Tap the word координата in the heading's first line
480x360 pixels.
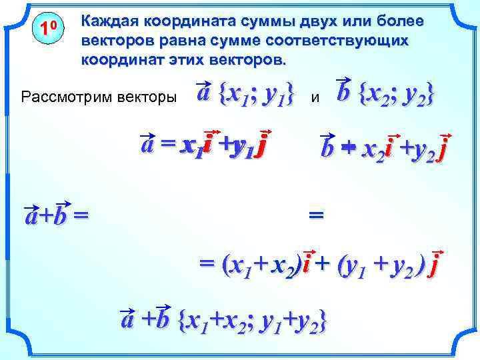[178, 21]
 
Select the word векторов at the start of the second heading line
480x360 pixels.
[113, 41]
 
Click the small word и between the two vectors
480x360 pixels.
[316, 98]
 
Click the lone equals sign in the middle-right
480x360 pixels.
[317, 215]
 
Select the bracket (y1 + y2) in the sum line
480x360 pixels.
[381, 266]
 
